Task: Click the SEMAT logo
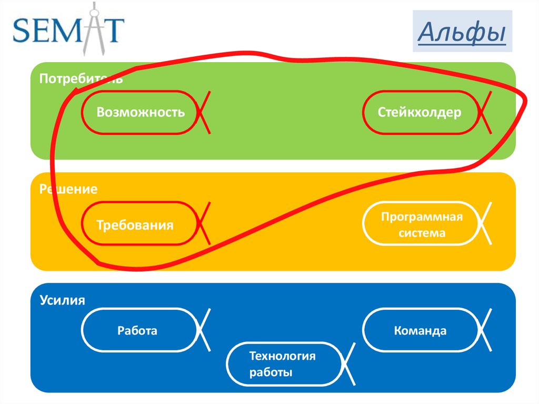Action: pos(68,29)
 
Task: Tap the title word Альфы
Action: pos(462,32)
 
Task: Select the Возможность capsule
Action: pos(140,112)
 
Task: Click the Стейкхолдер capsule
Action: pos(421,112)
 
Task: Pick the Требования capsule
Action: pos(140,224)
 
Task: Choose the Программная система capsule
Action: pos(422,224)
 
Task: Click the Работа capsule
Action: pos(140,330)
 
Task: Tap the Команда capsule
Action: pos(422,330)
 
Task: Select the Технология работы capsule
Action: pos(285,364)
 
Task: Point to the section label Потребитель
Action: pos(81,79)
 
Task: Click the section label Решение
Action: pos(68,189)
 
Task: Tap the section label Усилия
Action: pos(62,300)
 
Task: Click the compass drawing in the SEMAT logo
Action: pos(94,29)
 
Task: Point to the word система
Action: pos(422,233)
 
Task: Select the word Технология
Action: pos(282,356)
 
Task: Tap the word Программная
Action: pos(422,217)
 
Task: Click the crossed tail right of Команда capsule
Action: pos(485,330)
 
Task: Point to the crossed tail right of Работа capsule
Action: pos(204,330)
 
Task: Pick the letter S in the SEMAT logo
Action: pos(21,30)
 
